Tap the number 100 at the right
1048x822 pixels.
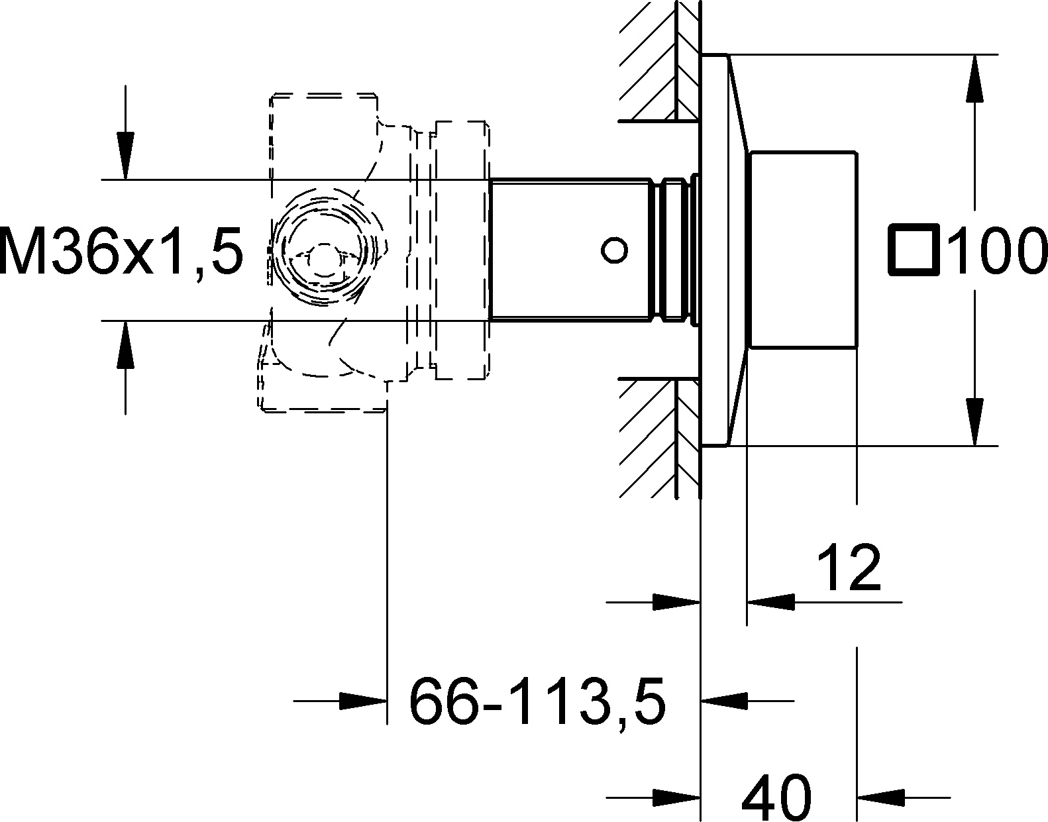tap(998, 250)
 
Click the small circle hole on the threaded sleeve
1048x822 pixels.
tap(614, 250)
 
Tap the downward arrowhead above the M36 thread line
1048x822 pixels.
tap(125, 155)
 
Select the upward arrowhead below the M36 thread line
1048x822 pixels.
tap(125, 345)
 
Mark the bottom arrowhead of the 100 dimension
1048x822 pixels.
tap(974, 421)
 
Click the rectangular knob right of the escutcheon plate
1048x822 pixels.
tap(803, 250)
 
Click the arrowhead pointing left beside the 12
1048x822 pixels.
tap(770, 602)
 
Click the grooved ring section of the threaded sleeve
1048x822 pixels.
tap(674, 250)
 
